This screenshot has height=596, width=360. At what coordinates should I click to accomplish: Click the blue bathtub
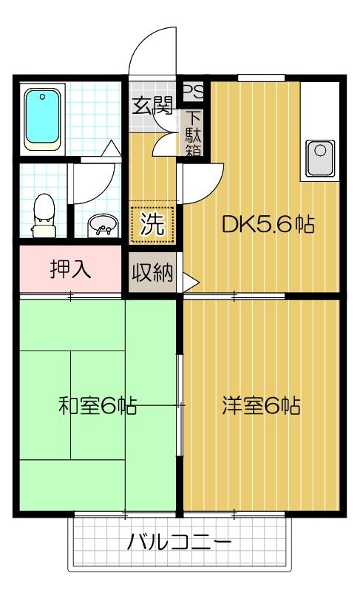(x=44, y=118)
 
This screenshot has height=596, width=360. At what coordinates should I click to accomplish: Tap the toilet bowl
(x=44, y=210)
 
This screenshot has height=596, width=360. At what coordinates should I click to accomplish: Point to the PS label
(x=192, y=92)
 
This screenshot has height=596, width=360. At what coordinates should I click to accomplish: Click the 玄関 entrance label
(x=152, y=105)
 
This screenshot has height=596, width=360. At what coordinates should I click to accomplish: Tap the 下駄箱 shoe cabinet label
(x=194, y=134)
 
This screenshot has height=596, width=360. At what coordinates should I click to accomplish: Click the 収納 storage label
(x=152, y=274)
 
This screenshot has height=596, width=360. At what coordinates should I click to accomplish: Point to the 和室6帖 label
(x=97, y=406)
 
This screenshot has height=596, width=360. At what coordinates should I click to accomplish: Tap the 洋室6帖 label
(x=261, y=406)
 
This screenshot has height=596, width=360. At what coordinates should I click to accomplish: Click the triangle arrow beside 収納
(x=190, y=282)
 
